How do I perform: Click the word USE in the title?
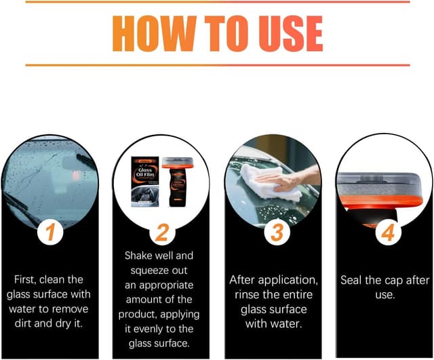click(284, 32)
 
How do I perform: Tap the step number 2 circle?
click(161, 233)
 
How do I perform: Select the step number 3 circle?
click(275, 232)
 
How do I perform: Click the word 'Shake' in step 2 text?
click(140, 256)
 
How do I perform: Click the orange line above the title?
click(217, 2)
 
